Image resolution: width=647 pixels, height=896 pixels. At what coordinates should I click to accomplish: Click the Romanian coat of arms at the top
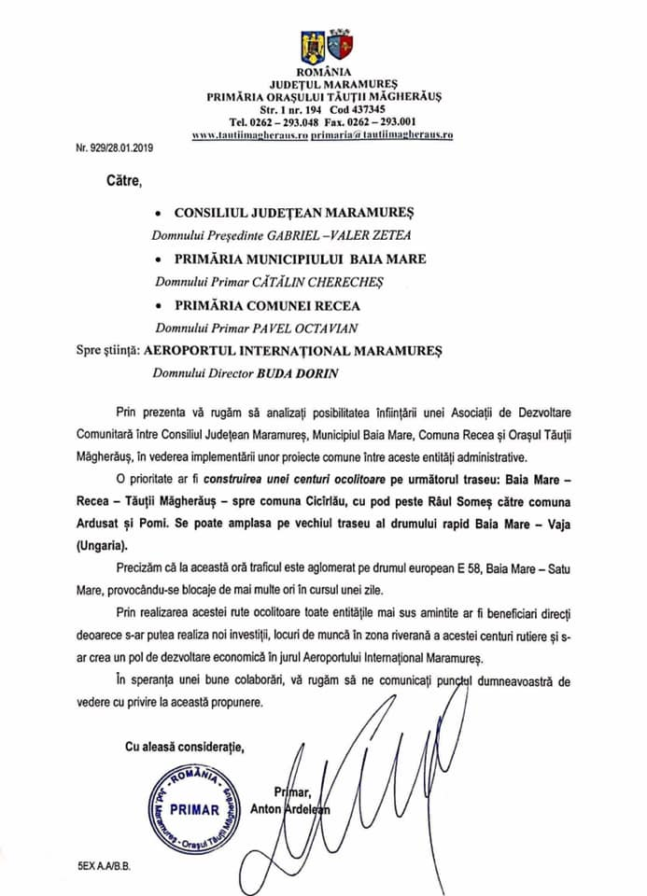[311, 45]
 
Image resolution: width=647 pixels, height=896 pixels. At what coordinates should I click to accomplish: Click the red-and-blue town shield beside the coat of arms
[339, 45]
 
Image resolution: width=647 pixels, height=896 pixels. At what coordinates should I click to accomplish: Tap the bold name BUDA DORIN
[323, 374]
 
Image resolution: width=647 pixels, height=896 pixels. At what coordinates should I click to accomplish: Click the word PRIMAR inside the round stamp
[194, 809]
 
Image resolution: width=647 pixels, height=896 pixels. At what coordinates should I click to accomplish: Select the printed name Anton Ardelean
[289, 809]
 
